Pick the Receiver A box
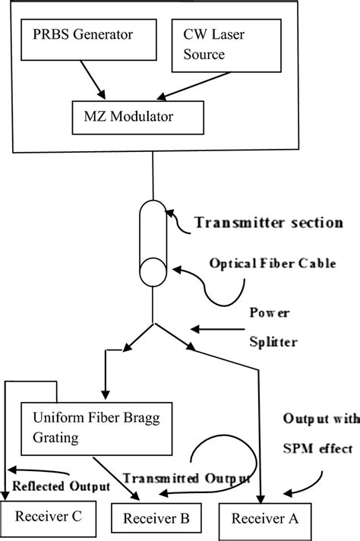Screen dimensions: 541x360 [x=263, y=520]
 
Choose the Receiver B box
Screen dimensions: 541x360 [x=156, y=520]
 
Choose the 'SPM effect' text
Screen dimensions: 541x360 [x=316, y=449]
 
